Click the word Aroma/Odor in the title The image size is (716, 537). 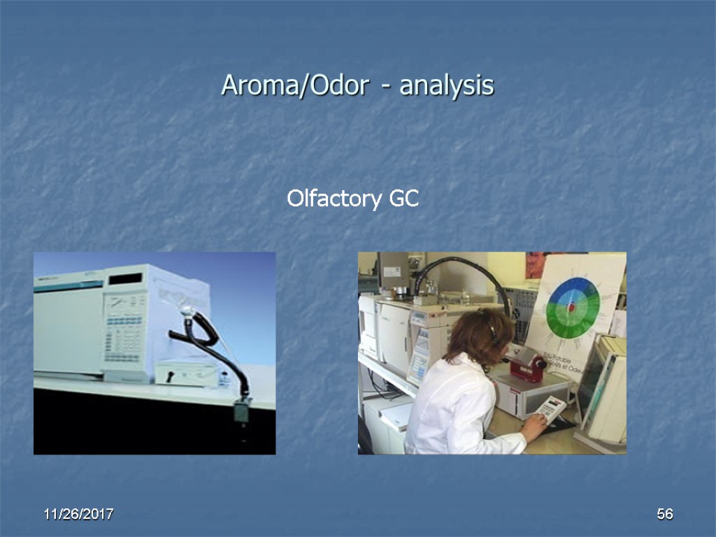294,86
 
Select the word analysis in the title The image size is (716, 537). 447,86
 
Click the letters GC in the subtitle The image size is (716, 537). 403,199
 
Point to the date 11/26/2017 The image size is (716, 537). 78,515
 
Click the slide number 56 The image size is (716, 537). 664,515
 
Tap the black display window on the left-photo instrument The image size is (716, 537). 126,278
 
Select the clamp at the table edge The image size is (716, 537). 242,412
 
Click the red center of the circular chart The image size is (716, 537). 571,307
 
